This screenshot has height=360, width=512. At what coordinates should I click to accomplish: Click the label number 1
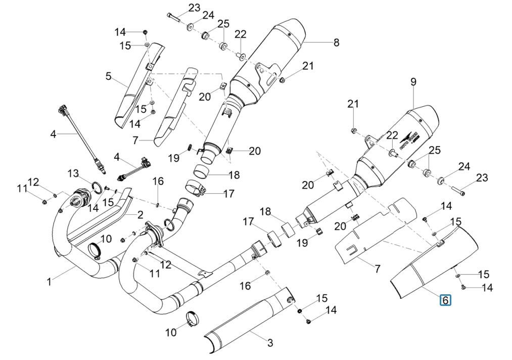[x=49, y=282]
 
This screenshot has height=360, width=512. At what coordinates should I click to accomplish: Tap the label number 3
[x=270, y=343]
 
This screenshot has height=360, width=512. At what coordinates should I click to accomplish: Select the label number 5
[x=108, y=77]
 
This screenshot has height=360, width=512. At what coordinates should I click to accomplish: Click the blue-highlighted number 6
[x=445, y=300]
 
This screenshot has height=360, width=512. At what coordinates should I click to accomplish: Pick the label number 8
[x=336, y=43]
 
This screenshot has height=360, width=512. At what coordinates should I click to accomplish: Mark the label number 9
[x=413, y=81]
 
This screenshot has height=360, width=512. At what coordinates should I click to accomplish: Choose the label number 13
[x=73, y=174]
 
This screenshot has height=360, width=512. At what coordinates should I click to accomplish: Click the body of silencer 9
[x=399, y=147]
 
